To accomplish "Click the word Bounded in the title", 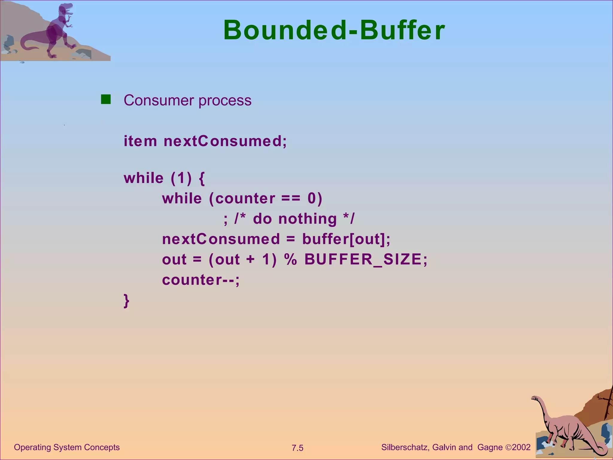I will click(284, 30).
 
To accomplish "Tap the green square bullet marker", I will click(106, 99).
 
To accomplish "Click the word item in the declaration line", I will click(140, 141).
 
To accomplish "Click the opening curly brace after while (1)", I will click(202, 178).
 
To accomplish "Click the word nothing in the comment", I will click(307, 219).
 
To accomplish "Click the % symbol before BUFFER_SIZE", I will click(290, 260).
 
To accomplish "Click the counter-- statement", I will click(201, 280).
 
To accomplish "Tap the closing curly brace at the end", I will click(126, 300).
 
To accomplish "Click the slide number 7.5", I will click(298, 448).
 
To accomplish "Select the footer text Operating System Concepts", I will click(67, 447).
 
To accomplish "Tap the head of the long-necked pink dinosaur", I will click(535, 398).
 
